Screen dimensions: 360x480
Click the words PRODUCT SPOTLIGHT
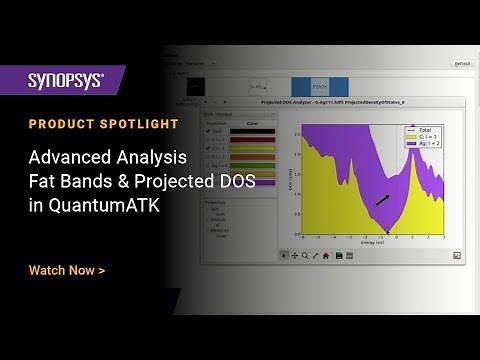pyautogui.click(x=104, y=124)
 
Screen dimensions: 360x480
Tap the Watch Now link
pyautogui.click(x=66, y=270)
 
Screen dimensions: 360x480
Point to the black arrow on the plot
pyautogui.click(x=383, y=200)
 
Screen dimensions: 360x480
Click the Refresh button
pyautogui.click(x=461, y=63)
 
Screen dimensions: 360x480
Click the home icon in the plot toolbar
pyautogui.click(x=326, y=255)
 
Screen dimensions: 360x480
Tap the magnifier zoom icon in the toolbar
pyautogui.click(x=305, y=255)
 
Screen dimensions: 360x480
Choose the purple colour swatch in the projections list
pyautogui.click(x=251, y=183)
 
